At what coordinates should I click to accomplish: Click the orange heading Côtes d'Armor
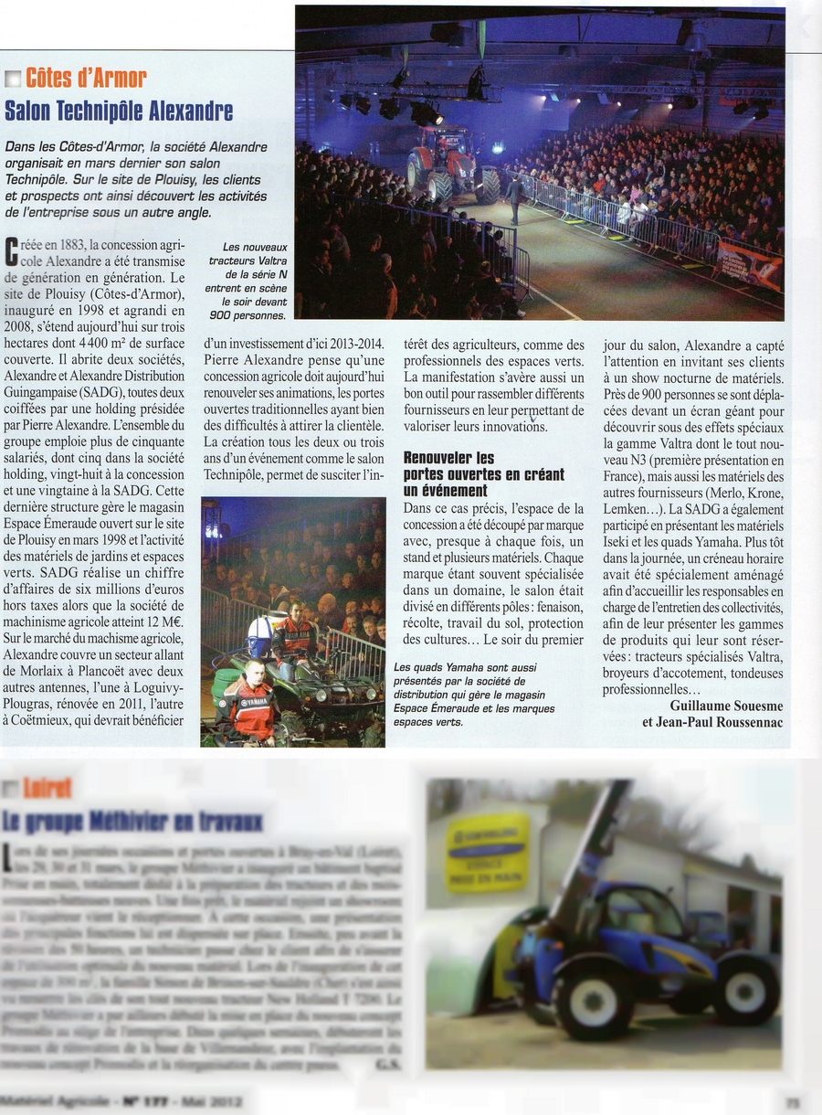coord(86,78)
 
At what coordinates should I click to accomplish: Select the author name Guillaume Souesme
coord(726,706)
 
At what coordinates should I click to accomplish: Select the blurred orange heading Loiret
coord(47,788)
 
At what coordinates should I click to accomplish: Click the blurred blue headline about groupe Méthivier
coord(133,821)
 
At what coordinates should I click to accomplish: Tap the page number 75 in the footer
coord(793,1103)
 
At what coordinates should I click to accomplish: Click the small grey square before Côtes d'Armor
coord(13,79)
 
